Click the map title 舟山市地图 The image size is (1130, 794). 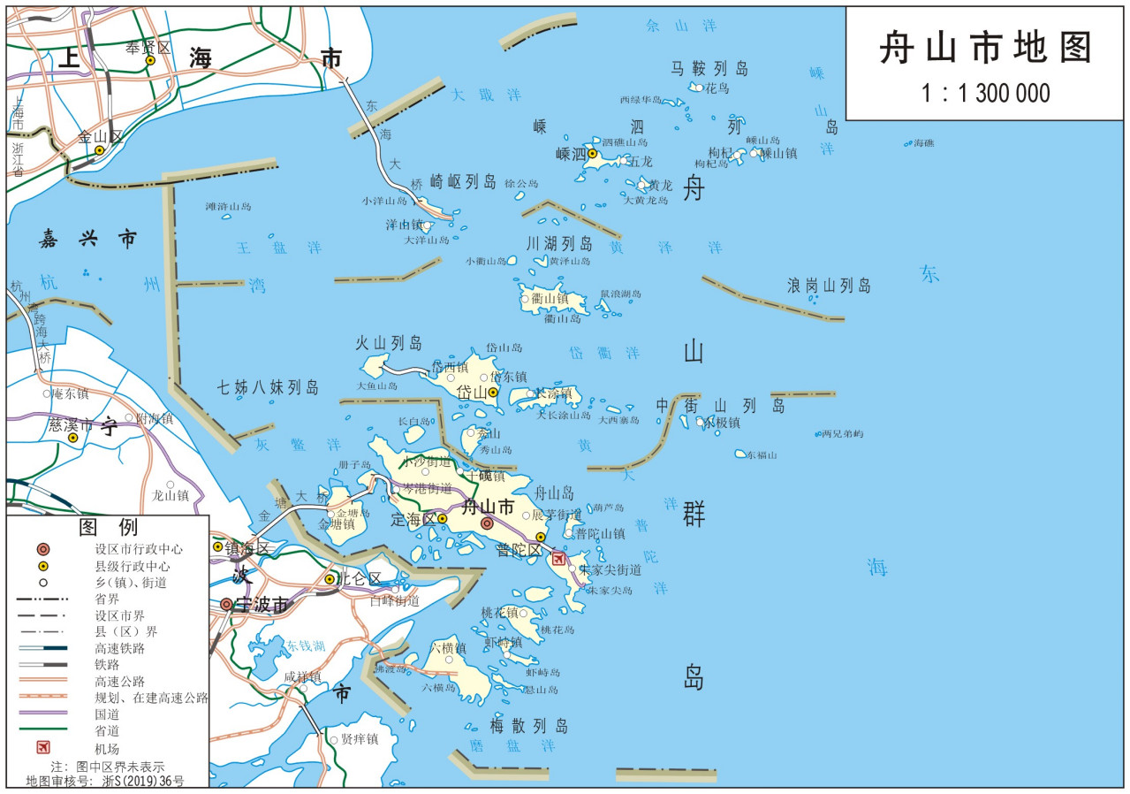tap(986, 49)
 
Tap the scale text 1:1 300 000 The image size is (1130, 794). tap(986, 93)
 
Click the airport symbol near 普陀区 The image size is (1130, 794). tap(558, 558)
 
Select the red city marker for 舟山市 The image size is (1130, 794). tap(487, 523)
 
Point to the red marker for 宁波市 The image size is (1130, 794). tap(227, 604)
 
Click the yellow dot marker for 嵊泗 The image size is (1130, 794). tap(593, 154)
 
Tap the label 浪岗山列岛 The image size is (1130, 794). tap(829, 286)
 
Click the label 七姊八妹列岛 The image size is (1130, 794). tap(268, 386)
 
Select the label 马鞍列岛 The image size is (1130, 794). tap(709, 68)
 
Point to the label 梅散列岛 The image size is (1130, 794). tap(518, 726)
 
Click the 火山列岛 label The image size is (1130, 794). tap(389, 343)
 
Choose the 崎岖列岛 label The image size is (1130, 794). tap(463, 181)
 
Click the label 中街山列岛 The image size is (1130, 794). tap(720, 406)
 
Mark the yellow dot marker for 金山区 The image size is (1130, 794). tap(99, 149)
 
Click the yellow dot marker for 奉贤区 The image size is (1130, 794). tap(150, 60)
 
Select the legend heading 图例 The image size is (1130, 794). tap(108, 528)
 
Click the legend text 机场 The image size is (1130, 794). tap(107, 748)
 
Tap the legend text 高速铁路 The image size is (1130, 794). tap(119, 648)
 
